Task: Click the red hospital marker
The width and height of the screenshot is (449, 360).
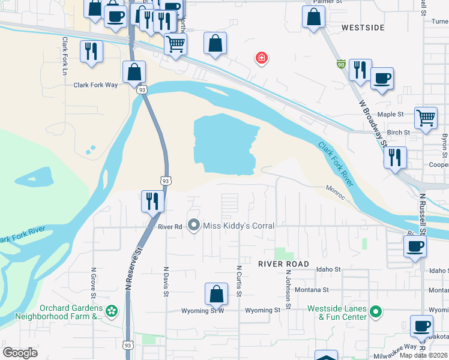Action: point(261,58)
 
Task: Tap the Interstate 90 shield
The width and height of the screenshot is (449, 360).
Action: point(341,64)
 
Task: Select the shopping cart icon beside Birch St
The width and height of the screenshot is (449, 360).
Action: point(426,118)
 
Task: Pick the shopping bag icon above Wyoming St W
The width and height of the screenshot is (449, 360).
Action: point(216,294)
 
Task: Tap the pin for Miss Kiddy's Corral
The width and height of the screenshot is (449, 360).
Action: point(194,226)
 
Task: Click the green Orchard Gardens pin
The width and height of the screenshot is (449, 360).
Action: point(111,311)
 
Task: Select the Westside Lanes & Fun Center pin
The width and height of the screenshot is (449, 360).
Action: point(376,311)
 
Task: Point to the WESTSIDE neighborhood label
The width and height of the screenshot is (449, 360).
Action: point(363,28)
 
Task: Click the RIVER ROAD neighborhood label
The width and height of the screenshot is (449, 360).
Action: point(283,264)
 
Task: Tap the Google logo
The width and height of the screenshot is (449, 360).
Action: point(20,353)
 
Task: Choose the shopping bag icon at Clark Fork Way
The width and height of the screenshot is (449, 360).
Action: point(134,72)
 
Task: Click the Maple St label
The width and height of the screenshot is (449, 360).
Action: point(390,114)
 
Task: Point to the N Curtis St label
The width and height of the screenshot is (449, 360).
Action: point(238,281)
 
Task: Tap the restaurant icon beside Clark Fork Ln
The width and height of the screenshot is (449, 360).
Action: point(91,51)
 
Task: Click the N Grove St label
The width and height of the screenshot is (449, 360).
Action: point(93,283)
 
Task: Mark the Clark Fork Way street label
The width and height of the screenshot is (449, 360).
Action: point(95,85)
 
